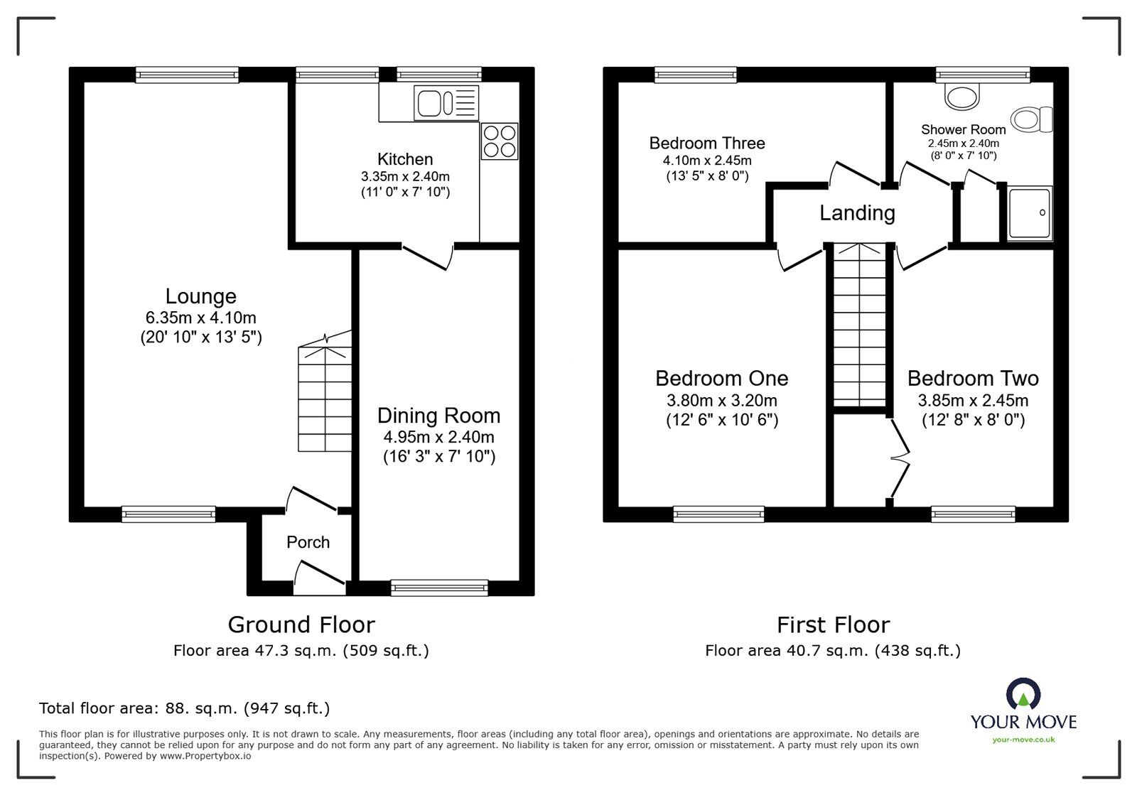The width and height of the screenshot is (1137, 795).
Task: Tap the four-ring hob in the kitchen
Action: pyautogui.click(x=500, y=141)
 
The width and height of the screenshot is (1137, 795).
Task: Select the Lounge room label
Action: pyautogui.click(x=200, y=296)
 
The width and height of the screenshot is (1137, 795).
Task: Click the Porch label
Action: pyautogui.click(x=308, y=543)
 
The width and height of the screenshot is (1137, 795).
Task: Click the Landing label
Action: pyautogui.click(x=857, y=212)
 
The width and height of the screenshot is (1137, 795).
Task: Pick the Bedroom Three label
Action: pyautogui.click(x=706, y=144)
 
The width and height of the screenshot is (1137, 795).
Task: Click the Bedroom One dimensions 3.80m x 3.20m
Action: pyautogui.click(x=721, y=400)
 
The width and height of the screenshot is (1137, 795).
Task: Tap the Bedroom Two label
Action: pyautogui.click(x=972, y=378)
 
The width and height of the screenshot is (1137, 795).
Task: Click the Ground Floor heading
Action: pyautogui.click(x=301, y=624)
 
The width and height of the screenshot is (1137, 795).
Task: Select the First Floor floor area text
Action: pyautogui.click(x=832, y=650)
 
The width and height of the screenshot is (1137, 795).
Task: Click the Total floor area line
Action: pyautogui.click(x=184, y=708)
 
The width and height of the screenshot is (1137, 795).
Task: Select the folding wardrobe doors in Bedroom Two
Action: pyautogui.click(x=900, y=458)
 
